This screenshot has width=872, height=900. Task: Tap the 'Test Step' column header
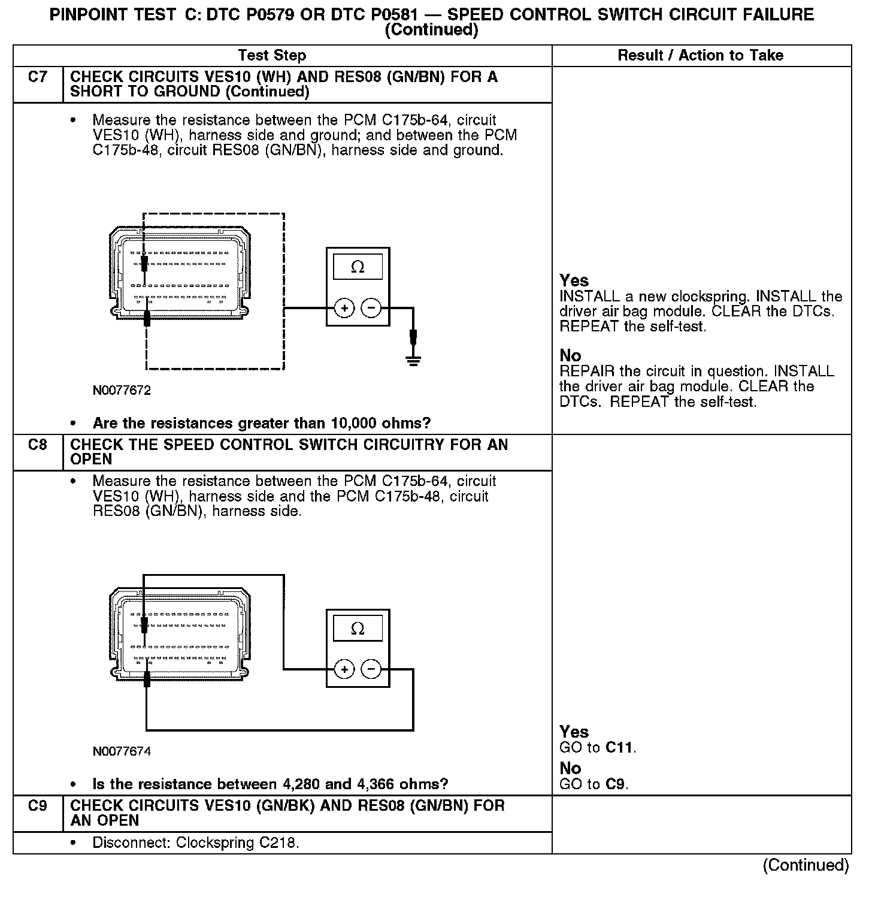272,56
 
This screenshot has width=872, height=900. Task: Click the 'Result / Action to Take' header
700,56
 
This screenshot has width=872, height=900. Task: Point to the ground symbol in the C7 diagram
413,360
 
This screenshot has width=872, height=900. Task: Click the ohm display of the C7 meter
358,267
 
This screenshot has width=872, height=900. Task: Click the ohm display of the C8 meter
358,629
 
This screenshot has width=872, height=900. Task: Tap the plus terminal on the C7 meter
344,309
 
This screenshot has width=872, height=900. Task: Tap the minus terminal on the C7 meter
371,309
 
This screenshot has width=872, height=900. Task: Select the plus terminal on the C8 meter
344,669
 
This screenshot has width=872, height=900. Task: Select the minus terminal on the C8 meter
371,669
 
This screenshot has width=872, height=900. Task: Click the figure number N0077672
122,391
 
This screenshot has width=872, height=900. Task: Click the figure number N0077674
122,751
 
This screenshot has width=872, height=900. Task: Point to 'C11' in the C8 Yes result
619,748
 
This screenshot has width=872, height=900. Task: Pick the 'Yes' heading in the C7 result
574,280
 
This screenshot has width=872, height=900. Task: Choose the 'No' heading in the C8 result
570,768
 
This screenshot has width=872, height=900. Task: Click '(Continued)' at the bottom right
806,865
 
